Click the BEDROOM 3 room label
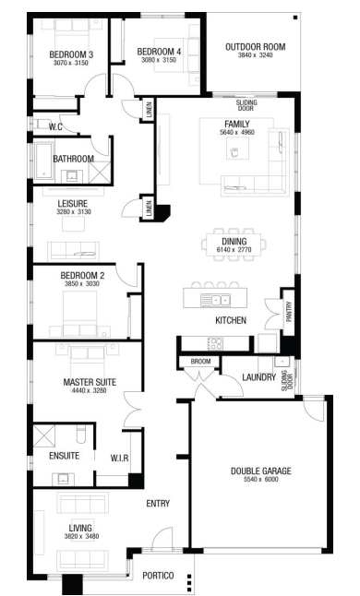pos(71,54)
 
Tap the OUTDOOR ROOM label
pos(255,47)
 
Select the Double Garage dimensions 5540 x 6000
pos(261,480)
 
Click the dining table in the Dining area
pos(234,244)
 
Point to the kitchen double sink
pos(215,300)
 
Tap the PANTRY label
pos(289,312)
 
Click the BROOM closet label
pos(200,362)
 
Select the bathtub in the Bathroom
pos(44,161)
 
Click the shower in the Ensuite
pos(44,436)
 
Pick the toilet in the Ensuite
pos(81,434)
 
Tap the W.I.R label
pos(119,458)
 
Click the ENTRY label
pos(158,503)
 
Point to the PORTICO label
pos(158,576)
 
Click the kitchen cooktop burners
pos(215,343)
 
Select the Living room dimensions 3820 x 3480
pos(81,536)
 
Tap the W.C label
pos(55,126)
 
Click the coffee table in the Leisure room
pos(73,223)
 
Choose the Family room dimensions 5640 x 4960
pos(237,132)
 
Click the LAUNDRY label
pos(258,377)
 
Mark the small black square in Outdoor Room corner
pos(295,18)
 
